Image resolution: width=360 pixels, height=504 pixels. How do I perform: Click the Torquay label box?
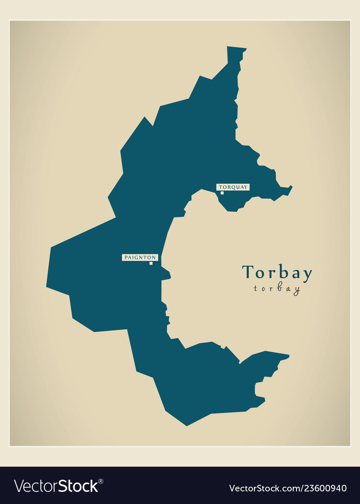[x=233, y=187]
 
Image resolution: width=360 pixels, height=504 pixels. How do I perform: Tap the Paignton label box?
[x=140, y=257]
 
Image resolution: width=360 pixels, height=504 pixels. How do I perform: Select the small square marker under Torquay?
[x=222, y=193]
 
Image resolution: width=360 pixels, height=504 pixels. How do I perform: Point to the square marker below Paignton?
[x=151, y=263]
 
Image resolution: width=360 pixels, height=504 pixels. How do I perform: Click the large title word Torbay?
[x=277, y=273]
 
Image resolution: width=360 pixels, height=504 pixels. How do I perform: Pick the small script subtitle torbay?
[x=277, y=289]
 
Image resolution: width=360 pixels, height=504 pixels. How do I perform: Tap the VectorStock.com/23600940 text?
[x=288, y=488]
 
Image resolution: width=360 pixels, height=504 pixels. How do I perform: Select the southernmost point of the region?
[x=187, y=425]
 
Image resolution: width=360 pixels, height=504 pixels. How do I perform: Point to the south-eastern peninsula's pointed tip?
[x=288, y=357]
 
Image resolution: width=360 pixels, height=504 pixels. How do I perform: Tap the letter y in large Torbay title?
[x=306, y=275]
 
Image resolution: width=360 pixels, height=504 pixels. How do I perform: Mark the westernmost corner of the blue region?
[x=47, y=286]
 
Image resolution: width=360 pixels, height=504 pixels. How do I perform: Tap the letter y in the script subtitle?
[x=296, y=290]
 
